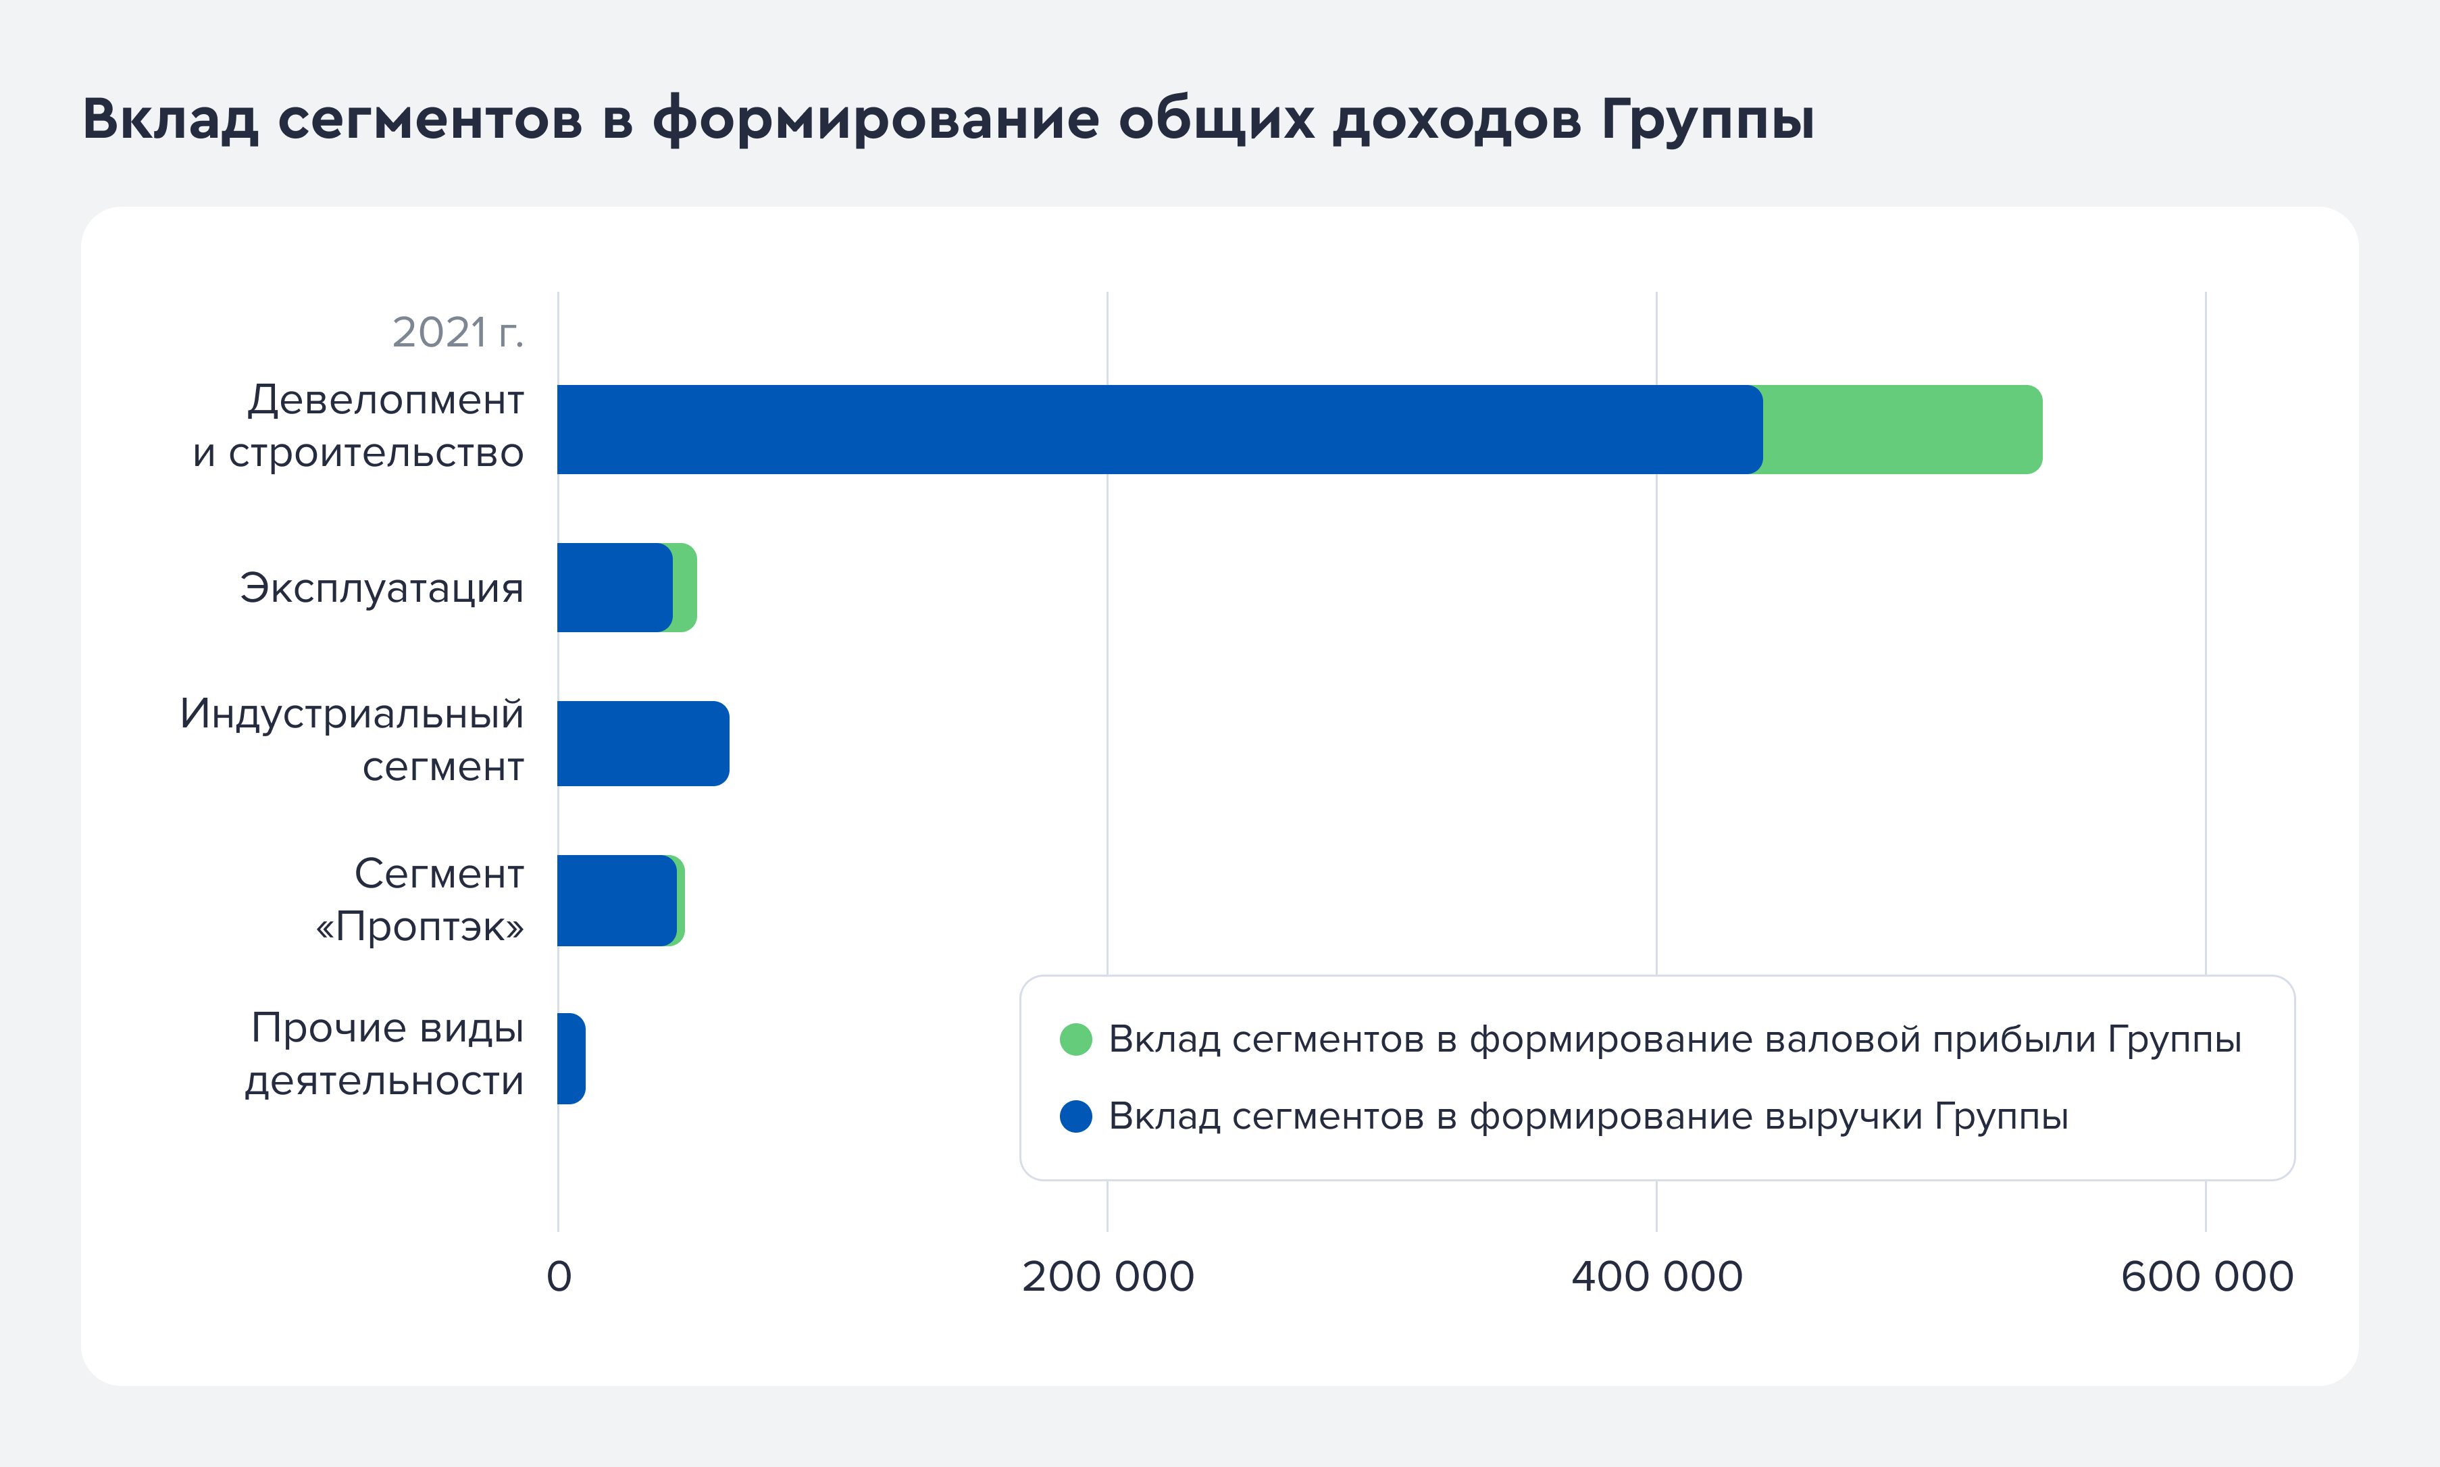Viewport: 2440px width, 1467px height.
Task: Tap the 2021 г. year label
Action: coord(457,333)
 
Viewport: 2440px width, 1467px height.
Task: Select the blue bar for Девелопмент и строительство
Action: coord(1157,430)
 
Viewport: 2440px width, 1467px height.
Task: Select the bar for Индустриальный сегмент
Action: coord(642,744)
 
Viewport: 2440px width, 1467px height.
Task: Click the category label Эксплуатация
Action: coord(382,588)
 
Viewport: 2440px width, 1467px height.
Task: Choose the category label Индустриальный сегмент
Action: coord(352,740)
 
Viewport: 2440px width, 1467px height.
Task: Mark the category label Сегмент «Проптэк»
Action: coord(421,900)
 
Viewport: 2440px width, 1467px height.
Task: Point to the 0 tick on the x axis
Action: coord(559,1277)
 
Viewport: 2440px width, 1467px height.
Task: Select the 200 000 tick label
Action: coord(1107,1277)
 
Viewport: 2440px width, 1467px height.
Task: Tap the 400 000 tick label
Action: coord(1657,1277)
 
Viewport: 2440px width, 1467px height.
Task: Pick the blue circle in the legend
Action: coord(1075,1116)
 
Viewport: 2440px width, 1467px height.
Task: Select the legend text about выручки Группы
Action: coord(1587,1116)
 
